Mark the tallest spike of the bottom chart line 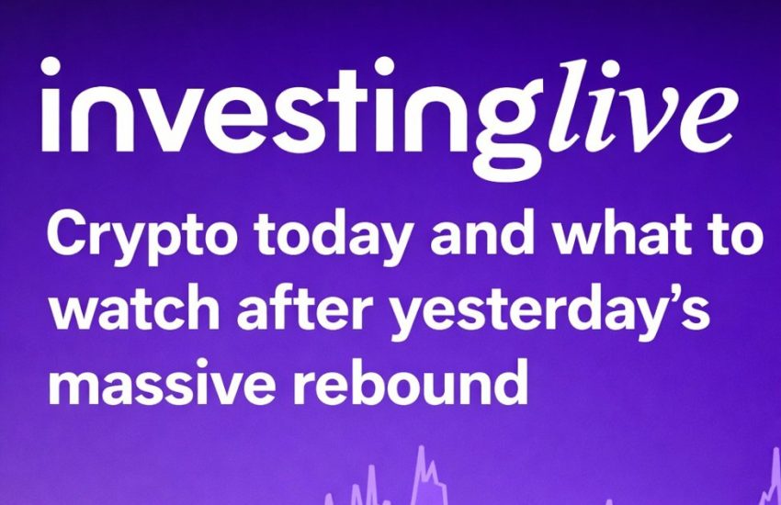click(x=420, y=452)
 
